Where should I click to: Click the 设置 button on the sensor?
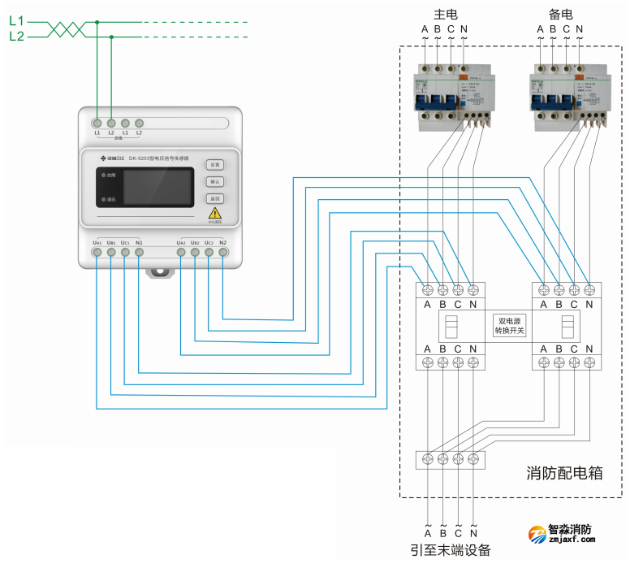pos(214,164)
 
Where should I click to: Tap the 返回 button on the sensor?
pos(214,198)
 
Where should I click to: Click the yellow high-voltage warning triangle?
pos(215,213)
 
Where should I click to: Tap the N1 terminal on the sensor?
pos(139,253)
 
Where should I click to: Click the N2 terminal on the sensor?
pos(223,253)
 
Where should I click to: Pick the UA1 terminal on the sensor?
pos(97,253)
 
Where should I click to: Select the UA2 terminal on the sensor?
pos(181,253)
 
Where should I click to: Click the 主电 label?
pos(445,14)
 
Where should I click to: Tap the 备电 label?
pos(561,14)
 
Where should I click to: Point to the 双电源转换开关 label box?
pos(511,326)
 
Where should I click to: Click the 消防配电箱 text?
pos(564,472)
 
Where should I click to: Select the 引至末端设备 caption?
pos(451,550)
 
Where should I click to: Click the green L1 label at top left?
pos(16,22)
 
